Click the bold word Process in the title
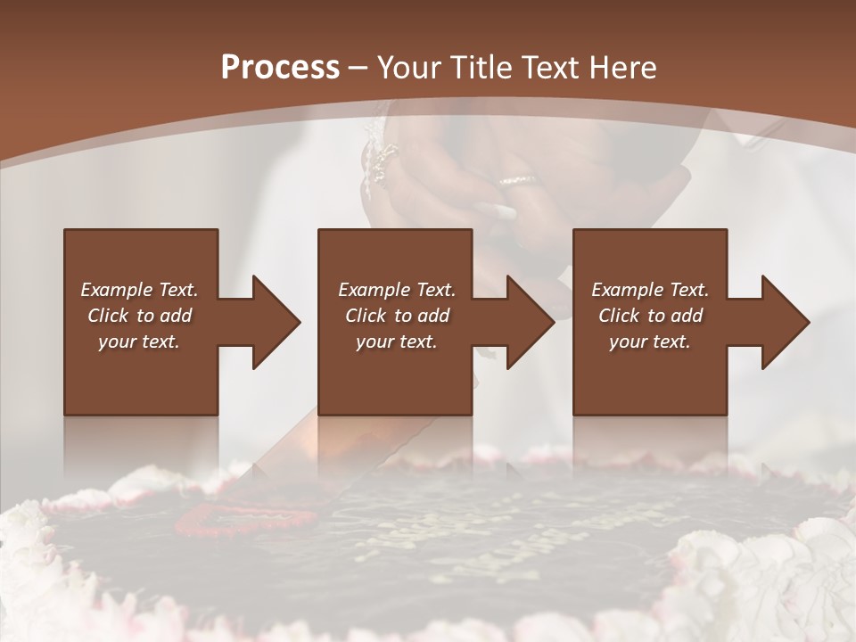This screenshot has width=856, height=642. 280,68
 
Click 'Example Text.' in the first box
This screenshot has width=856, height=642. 139,290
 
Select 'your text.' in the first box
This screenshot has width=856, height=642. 139,342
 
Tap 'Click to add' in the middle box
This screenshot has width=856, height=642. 397,316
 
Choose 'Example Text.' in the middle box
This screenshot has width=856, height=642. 397,290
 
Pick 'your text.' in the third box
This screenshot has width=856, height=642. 650,342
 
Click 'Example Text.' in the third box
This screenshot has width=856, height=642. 650,290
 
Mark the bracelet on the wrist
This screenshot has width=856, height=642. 378,160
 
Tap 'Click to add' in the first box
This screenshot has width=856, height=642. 139,316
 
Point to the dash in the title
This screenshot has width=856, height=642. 358,68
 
